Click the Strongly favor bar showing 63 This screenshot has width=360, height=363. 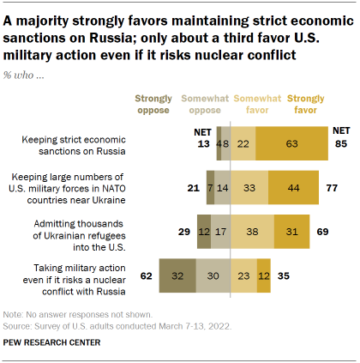(291, 143)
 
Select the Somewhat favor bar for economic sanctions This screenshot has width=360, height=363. (243, 143)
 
